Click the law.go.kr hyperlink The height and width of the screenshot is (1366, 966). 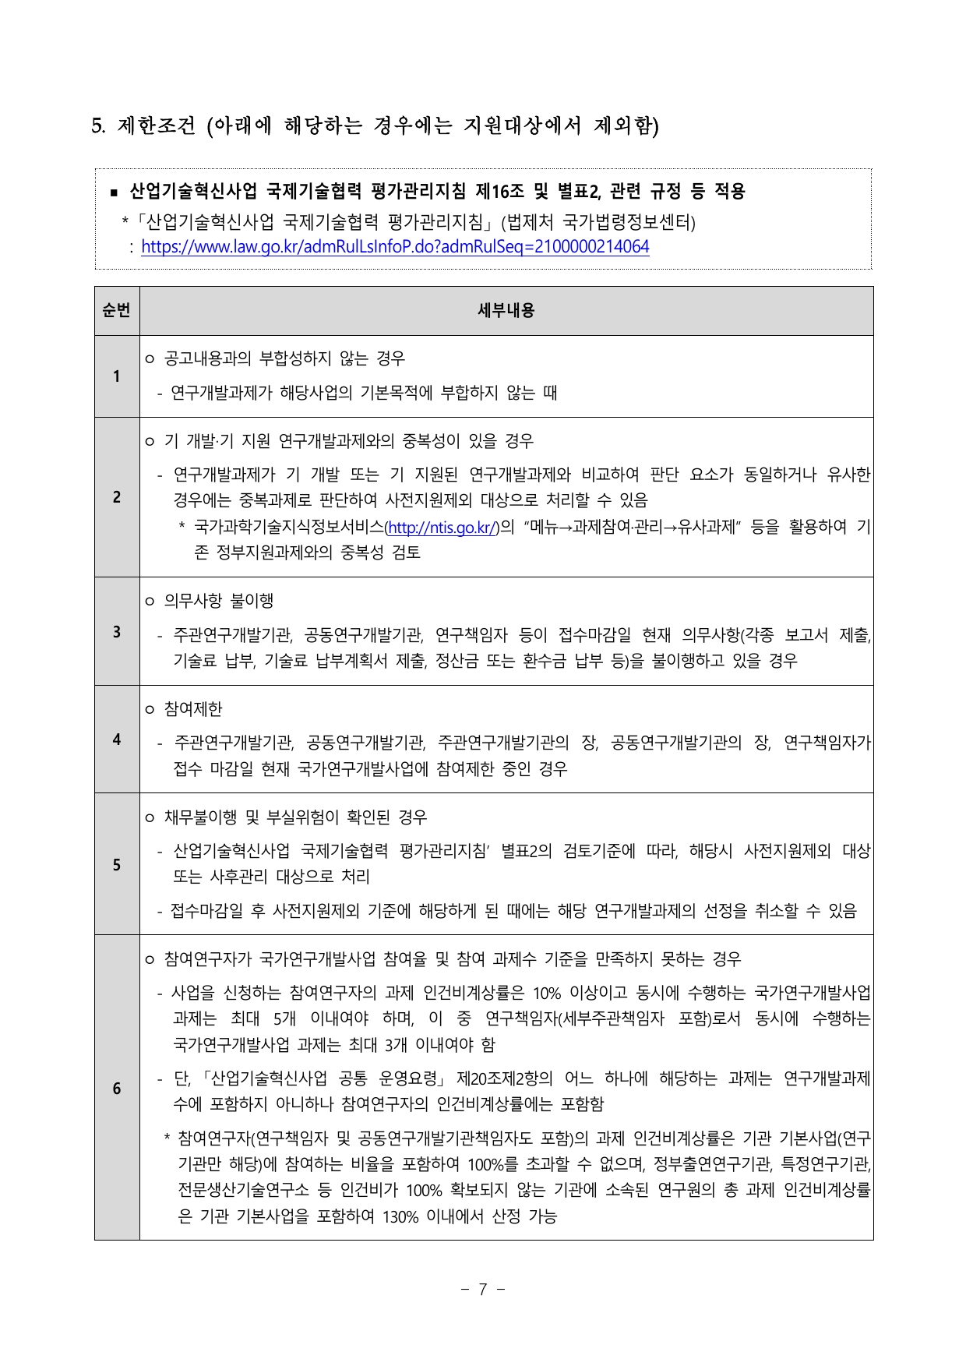pyautogui.click(x=395, y=247)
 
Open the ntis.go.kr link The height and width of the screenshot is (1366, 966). pyautogui.click(x=442, y=528)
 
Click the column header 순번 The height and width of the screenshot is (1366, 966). pyautogui.click(x=117, y=311)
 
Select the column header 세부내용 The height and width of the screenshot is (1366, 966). pyautogui.click(x=506, y=311)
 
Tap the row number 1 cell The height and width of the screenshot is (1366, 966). pyautogui.click(x=117, y=376)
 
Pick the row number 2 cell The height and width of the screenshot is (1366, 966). pyautogui.click(x=117, y=497)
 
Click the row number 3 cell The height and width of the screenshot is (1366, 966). pyautogui.click(x=117, y=631)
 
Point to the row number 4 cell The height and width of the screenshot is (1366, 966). pyautogui.click(x=117, y=739)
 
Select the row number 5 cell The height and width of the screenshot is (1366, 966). pyautogui.click(x=117, y=864)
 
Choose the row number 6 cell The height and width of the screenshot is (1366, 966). pyautogui.click(x=117, y=1088)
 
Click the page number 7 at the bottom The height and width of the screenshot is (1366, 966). pyautogui.click(x=483, y=1290)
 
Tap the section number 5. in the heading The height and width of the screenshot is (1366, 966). pyautogui.click(x=98, y=125)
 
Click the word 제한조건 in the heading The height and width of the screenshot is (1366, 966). pyautogui.click(x=156, y=125)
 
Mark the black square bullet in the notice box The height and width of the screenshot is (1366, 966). pyautogui.click(x=114, y=192)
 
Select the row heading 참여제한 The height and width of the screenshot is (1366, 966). pyautogui.click(x=193, y=709)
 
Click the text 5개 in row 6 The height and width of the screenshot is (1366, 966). pyautogui.click(x=285, y=1019)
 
